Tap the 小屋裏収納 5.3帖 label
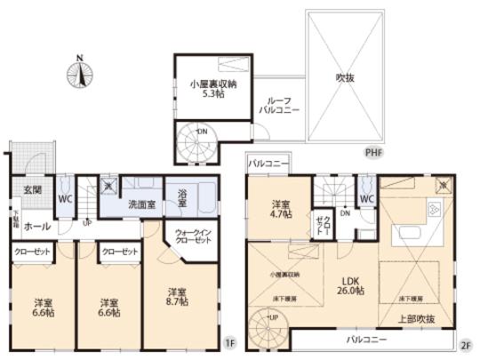tap(212, 89)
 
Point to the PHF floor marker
tap(376, 153)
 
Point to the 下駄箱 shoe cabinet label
tap(14, 218)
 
